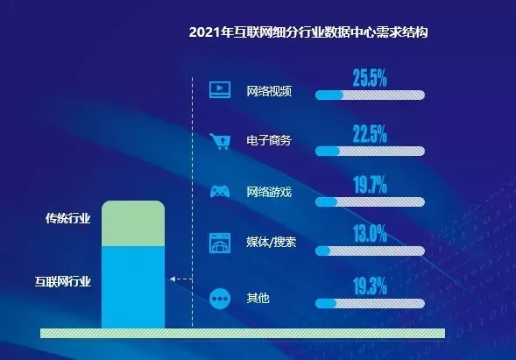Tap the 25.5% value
tap(370, 78)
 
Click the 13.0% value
tap(370, 233)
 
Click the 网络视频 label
tap(268, 91)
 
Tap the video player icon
tap(220, 89)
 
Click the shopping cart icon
tap(220, 140)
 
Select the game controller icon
tap(220, 191)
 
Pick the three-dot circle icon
tap(220, 298)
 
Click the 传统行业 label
tap(67, 218)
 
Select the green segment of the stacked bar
tap(132, 223)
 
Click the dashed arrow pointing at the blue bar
tap(180, 279)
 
